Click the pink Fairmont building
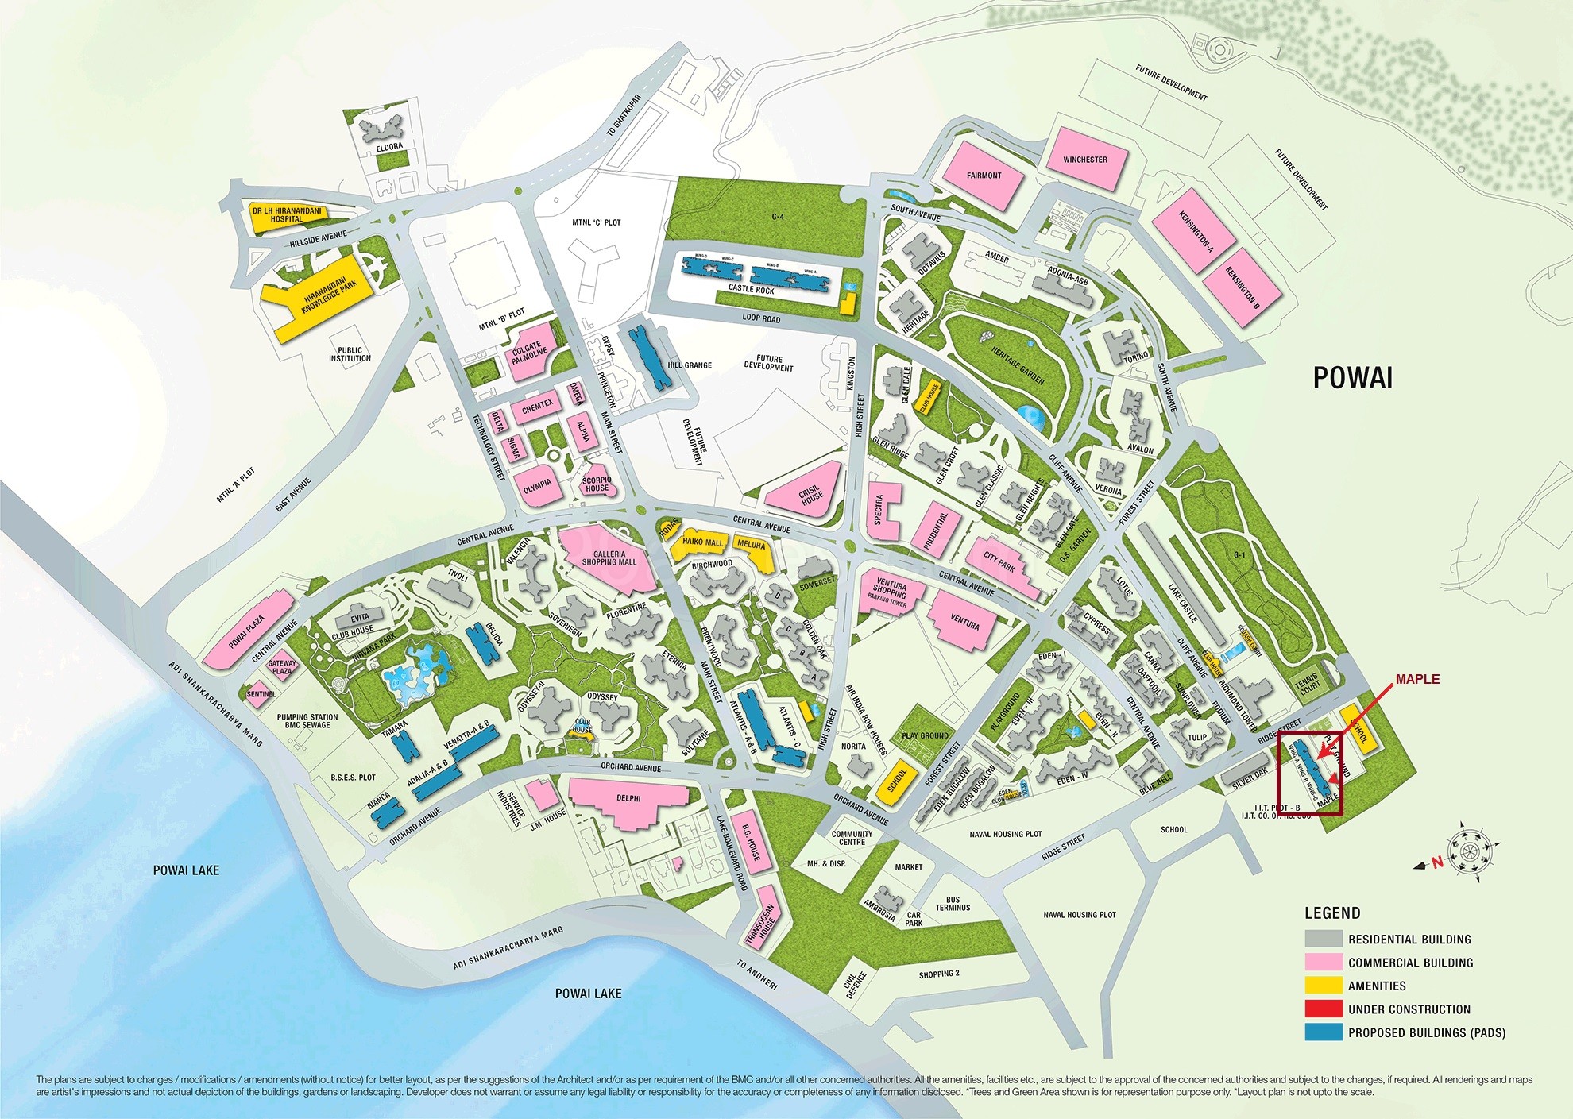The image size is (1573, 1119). coord(984,176)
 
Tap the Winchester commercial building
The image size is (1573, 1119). coord(1085,160)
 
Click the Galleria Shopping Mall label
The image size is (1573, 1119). coord(609,558)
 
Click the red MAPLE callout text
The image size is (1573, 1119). coord(1417,679)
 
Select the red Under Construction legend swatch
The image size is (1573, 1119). coord(1323,1009)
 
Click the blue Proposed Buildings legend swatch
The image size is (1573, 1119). coord(1323,1032)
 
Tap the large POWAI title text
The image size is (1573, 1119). coord(1352,378)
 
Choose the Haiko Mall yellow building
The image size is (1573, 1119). coord(702,543)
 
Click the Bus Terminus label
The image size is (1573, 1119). coord(953,903)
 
